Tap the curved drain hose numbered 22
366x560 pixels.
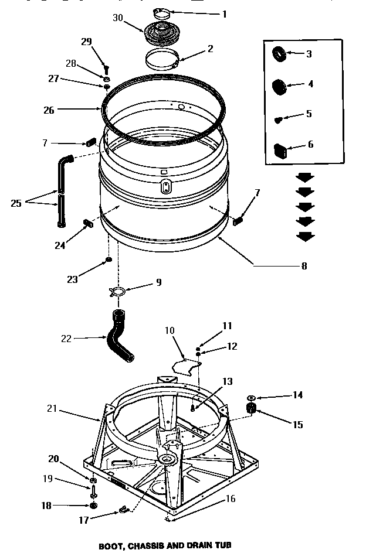[120, 340]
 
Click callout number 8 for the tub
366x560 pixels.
[303, 265]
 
